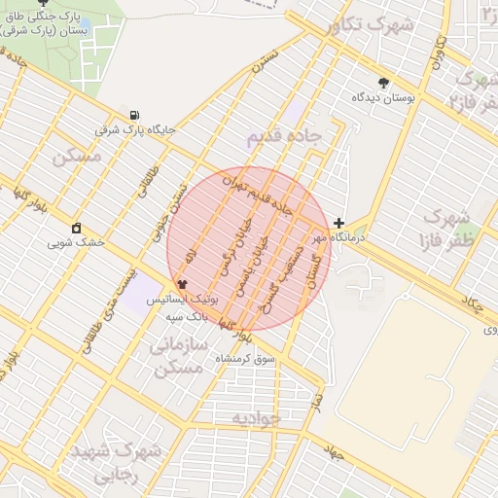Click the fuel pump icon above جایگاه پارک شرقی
point(133,113)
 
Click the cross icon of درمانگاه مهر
point(338,223)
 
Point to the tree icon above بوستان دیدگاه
point(383,84)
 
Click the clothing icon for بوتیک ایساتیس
point(182,284)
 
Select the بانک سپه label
point(187,317)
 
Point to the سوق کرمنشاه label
point(226,359)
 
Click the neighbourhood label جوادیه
point(256,417)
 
